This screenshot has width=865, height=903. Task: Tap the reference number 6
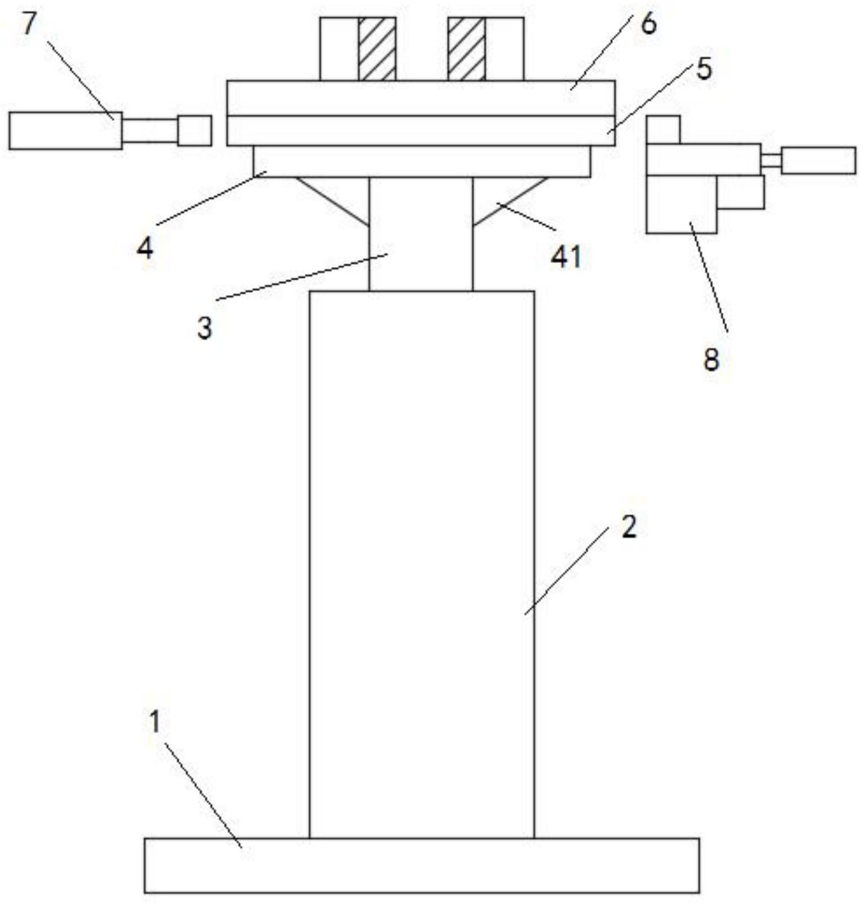(x=648, y=25)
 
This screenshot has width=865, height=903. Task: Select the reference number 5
(x=703, y=68)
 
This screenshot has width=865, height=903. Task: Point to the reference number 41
(x=566, y=257)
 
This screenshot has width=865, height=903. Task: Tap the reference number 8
(x=711, y=360)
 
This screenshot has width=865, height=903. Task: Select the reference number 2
(x=629, y=527)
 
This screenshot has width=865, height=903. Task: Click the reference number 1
(x=155, y=722)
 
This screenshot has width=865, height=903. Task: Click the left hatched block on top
(x=377, y=49)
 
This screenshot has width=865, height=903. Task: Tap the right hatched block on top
(x=466, y=49)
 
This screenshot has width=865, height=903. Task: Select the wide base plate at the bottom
(x=421, y=865)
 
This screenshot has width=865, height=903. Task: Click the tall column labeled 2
(x=421, y=561)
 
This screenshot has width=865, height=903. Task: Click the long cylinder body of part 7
(x=65, y=131)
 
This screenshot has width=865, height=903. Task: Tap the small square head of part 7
(x=194, y=131)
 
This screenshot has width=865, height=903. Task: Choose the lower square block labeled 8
(x=681, y=204)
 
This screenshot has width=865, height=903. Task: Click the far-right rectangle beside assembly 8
(x=818, y=160)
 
